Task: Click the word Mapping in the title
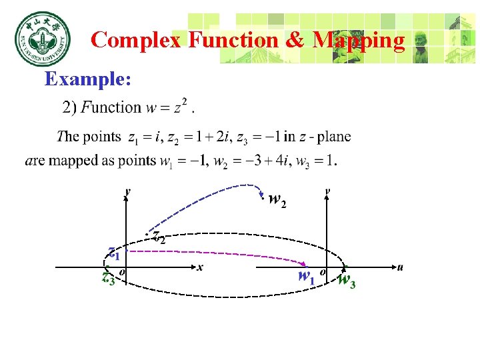358,40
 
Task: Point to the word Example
87,79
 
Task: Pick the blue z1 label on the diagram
114,253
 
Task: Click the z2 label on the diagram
159,236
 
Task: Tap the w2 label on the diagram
277,199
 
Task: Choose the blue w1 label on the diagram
307,275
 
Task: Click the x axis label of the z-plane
199,267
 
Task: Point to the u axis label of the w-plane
400,267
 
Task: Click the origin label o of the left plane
121,272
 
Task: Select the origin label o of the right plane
322,271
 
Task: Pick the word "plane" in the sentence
334,137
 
